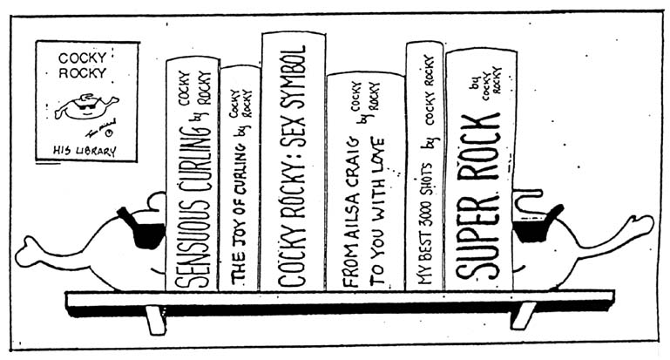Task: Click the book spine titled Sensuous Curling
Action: [192, 174]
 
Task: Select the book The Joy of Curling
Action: [240, 179]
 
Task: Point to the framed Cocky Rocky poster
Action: [86, 101]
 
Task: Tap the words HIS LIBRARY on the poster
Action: [86, 149]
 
